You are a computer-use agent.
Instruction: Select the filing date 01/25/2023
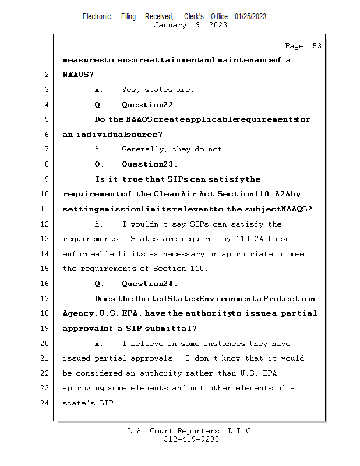click(x=250, y=16)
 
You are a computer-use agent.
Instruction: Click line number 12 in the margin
click(x=46, y=224)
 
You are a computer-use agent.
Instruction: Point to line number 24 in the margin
click(x=46, y=403)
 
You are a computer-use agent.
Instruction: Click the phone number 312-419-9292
click(x=191, y=440)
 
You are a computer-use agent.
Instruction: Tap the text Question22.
click(x=150, y=105)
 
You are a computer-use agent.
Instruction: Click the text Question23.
click(x=150, y=164)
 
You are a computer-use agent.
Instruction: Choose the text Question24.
click(x=150, y=284)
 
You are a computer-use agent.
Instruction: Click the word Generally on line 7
click(x=143, y=149)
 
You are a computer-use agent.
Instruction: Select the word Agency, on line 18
click(x=80, y=313)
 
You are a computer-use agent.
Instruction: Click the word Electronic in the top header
click(x=97, y=16)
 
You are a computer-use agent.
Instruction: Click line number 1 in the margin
click(x=46, y=60)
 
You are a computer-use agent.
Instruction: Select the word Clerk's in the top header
click(x=194, y=16)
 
